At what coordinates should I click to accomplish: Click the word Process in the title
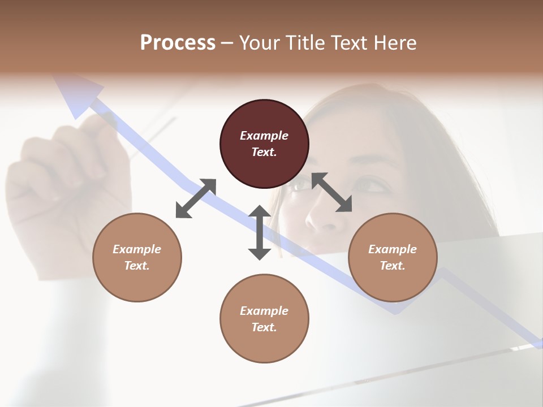click(x=178, y=43)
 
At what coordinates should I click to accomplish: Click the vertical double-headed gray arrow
click(x=260, y=232)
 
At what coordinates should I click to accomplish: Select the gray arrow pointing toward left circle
click(x=196, y=198)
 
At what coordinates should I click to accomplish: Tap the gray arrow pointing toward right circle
click(x=332, y=193)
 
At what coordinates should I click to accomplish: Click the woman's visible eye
click(x=368, y=185)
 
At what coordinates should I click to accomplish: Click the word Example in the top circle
click(x=264, y=136)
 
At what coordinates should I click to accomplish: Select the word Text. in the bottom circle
click(x=264, y=327)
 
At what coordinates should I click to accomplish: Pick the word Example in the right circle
click(x=393, y=249)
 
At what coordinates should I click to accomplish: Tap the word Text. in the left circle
click(x=137, y=266)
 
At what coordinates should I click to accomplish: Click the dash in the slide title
click(x=227, y=43)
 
